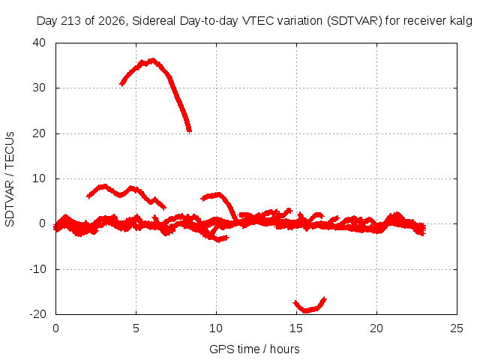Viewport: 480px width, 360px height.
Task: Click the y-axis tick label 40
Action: click(x=39, y=43)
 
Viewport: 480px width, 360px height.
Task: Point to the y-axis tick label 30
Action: click(x=39, y=88)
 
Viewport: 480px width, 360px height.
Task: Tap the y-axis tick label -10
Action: click(x=37, y=269)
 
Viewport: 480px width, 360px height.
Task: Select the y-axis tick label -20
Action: click(x=37, y=314)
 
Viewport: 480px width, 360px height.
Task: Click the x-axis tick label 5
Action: click(x=136, y=328)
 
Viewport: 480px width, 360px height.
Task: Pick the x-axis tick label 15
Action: click(x=296, y=328)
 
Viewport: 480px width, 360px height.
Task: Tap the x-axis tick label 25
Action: click(x=457, y=328)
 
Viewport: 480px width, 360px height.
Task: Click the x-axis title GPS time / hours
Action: click(x=254, y=349)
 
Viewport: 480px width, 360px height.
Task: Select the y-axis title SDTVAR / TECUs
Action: click(x=10, y=179)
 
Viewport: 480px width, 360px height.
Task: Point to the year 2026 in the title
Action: click(x=111, y=21)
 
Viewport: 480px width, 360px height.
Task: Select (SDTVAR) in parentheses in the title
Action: click(x=355, y=21)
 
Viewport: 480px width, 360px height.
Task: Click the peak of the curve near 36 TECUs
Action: click(x=152, y=60)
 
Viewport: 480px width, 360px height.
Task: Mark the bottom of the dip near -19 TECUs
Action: click(x=306, y=310)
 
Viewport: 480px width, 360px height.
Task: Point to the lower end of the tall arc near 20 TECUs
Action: click(x=190, y=131)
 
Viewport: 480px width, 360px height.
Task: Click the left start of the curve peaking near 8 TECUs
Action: click(x=88, y=196)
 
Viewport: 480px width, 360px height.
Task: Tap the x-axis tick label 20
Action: click(x=376, y=328)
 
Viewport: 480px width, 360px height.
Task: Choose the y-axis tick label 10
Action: click(x=39, y=178)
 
